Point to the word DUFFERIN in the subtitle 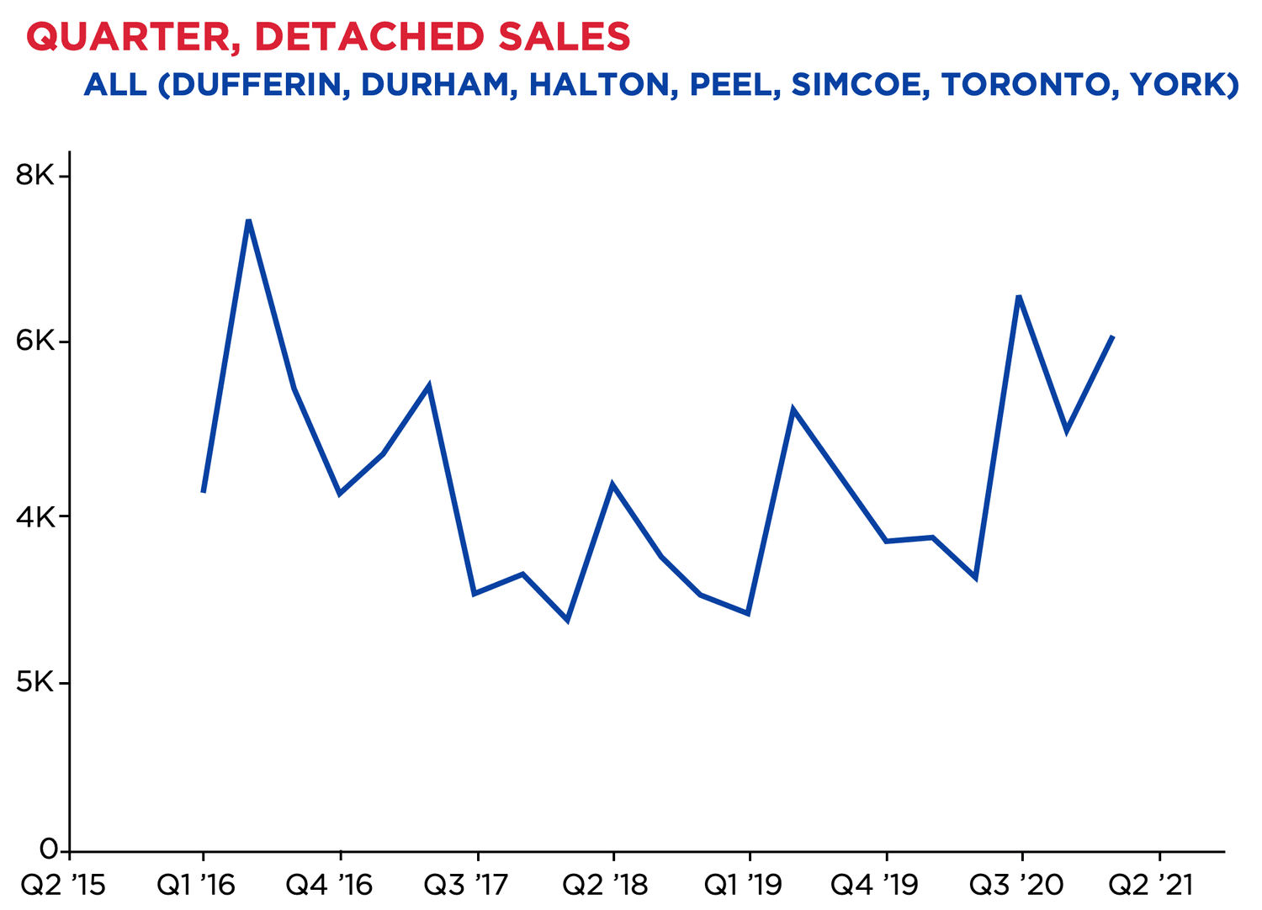click(256, 85)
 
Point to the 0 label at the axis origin click(48, 849)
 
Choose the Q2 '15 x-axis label click(63, 886)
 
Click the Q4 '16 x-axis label click(329, 886)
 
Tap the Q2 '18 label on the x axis click(605, 886)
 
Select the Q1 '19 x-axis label click(743, 886)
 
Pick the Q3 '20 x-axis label click(1015, 886)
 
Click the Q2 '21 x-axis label click(1150, 886)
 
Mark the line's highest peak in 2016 click(248, 220)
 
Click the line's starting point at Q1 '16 click(204, 492)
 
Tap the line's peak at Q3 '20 click(1019, 296)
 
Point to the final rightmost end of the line click(1113, 336)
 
